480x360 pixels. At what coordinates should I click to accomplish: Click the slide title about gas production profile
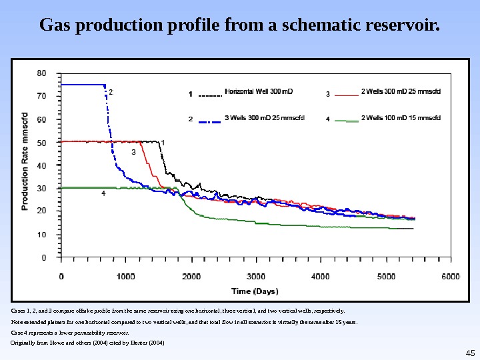pyautogui.click(x=240, y=27)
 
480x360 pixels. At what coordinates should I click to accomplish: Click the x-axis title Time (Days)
pyautogui.click(x=255, y=291)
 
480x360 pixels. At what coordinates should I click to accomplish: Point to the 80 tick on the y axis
pyautogui.click(x=41, y=72)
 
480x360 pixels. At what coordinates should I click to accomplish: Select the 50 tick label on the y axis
pyautogui.click(x=41, y=142)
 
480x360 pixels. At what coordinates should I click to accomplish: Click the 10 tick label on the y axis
pyautogui.click(x=41, y=234)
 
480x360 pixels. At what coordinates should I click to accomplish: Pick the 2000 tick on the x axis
pyautogui.click(x=191, y=276)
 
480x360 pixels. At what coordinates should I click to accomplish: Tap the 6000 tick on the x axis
pyautogui.click(x=451, y=276)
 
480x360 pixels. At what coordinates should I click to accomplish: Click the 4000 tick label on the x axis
pyautogui.click(x=321, y=276)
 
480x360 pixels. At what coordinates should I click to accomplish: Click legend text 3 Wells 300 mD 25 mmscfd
pyautogui.click(x=265, y=119)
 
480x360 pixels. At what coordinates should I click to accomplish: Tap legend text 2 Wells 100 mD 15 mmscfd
pyautogui.click(x=401, y=119)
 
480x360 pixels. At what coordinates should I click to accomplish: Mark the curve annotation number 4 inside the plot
pyautogui.click(x=103, y=193)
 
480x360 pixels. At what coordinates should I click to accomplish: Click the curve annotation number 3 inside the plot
pyautogui.click(x=133, y=153)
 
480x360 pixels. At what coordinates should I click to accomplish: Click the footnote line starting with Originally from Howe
pyautogui.click(x=87, y=343)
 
